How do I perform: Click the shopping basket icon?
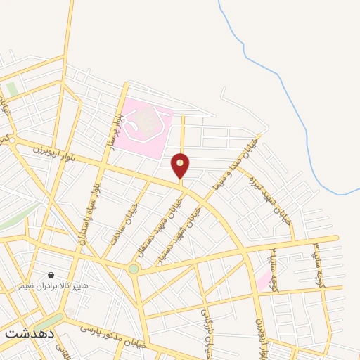point(51,276)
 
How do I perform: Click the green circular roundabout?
point(134,269)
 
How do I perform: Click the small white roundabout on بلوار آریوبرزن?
point(12,141)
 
